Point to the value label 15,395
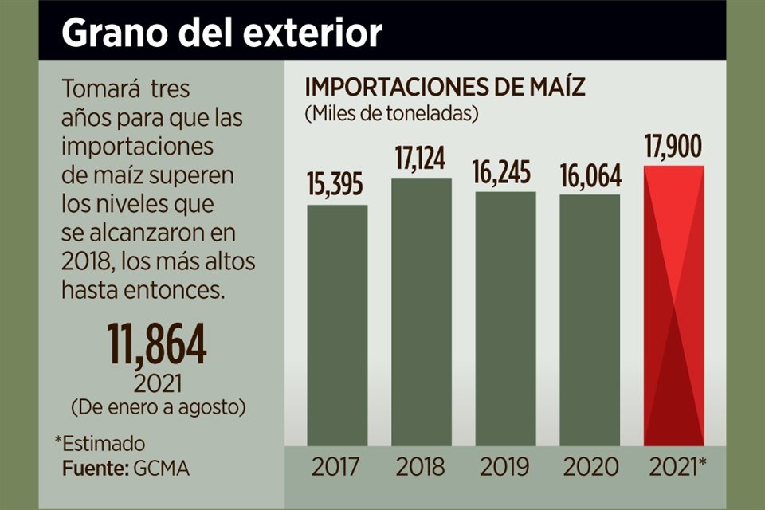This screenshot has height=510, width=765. pos(336,185)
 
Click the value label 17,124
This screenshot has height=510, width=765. pos(422,157)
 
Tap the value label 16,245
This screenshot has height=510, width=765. pos(505,172)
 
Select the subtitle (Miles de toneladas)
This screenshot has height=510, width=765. pos(390,113)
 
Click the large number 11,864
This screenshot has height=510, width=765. pos(158,344)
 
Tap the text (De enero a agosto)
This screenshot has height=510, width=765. pos(158,406)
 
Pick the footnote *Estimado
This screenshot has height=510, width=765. pos(100,443)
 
